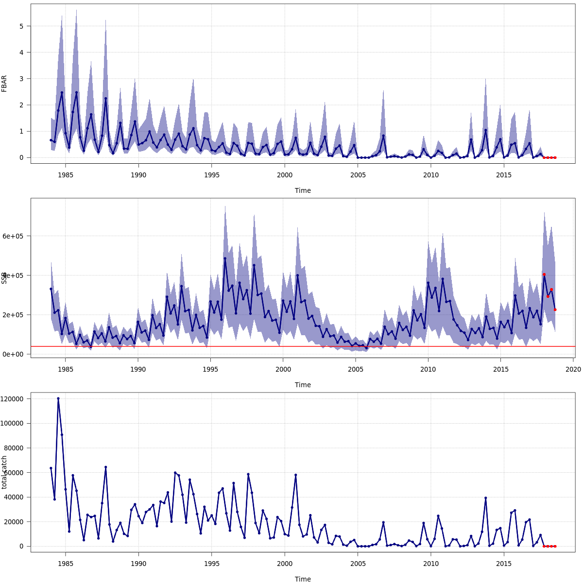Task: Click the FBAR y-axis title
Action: [4, 83]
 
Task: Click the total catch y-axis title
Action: [4, 472]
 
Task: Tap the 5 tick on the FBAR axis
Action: [22, 26]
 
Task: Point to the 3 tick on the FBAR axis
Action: [22, 79]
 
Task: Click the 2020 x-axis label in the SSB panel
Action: [573, 369]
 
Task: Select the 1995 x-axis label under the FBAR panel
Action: [211, 174]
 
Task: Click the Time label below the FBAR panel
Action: [303, 190]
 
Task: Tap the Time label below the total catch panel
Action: [303, 579]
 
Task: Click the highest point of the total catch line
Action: [58, 398]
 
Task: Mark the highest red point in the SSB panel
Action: [544, 274]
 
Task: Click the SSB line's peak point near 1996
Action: [225, 258]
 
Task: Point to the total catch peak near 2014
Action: [485, 498]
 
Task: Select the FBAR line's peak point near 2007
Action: [383, 136]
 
